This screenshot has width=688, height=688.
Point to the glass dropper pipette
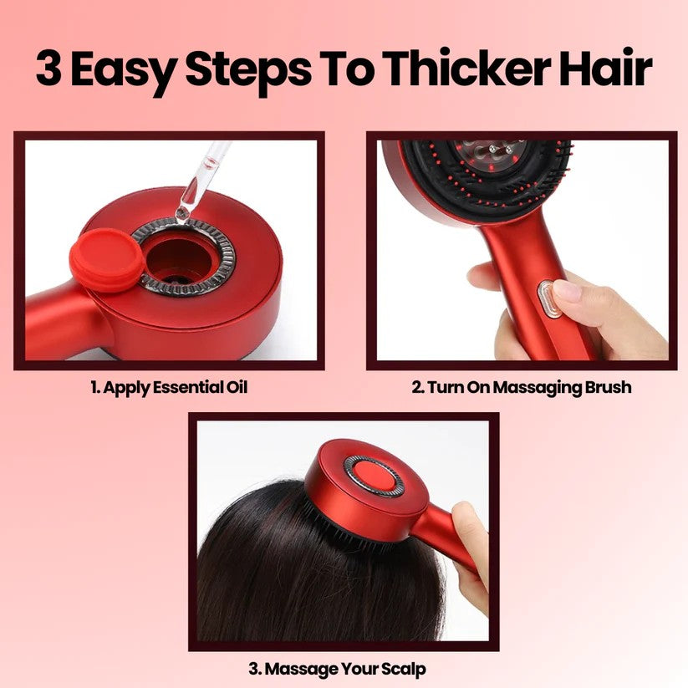pos(201,180)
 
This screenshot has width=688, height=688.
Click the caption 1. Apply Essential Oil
pos(169,387)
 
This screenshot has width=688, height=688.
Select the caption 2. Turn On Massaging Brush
pos(521,387)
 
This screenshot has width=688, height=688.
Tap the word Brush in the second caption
pos(607,387)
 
